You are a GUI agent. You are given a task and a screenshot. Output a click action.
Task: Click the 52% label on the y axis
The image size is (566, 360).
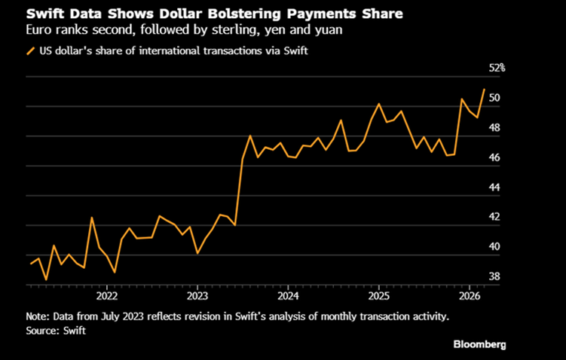[497, 69]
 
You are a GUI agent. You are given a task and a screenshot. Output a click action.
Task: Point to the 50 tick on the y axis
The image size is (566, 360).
[494, 99]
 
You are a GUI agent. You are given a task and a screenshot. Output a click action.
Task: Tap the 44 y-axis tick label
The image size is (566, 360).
[494, 188]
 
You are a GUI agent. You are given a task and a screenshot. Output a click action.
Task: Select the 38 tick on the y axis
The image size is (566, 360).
[494, 276]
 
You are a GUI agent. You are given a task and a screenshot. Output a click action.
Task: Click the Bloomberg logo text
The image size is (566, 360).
[479, 343]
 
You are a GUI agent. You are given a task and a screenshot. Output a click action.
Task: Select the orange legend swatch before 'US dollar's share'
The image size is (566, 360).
[31, 51]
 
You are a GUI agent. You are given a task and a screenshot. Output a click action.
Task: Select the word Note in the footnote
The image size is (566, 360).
[38, 316]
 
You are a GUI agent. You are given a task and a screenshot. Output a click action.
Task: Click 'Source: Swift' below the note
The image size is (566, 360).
[56, 330]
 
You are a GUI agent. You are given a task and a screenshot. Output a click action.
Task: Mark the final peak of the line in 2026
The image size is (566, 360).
[484, 89]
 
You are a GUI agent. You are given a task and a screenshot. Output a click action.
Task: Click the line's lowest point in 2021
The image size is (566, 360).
[46, 279]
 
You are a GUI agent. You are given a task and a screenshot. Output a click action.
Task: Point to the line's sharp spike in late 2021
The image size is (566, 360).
[92, 218]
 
